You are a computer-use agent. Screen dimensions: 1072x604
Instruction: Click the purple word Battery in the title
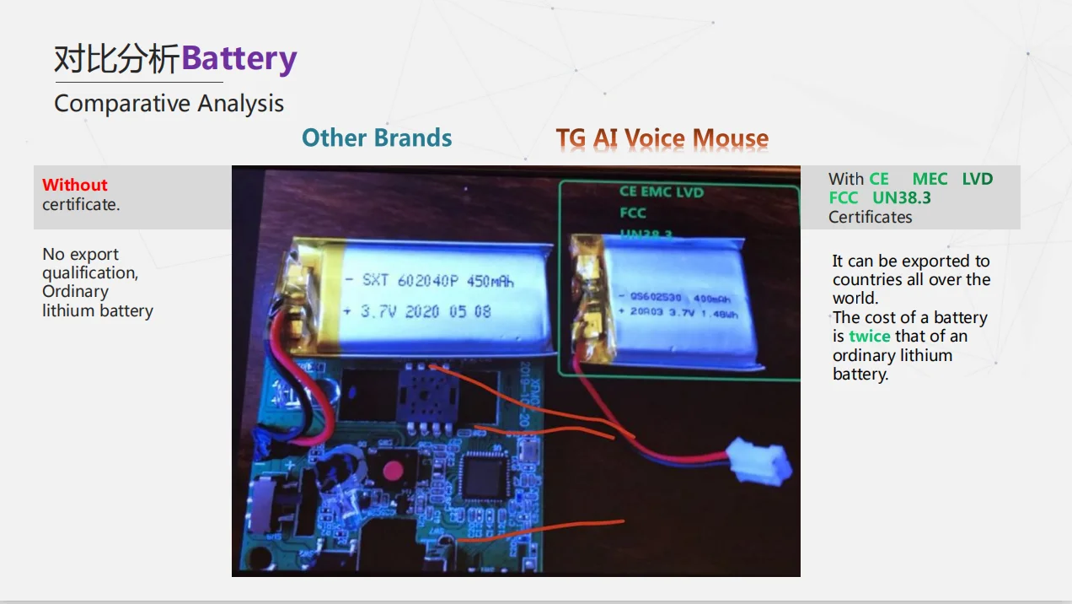[x=239, y=59]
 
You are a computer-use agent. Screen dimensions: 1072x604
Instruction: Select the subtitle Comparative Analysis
[x=169, y=104]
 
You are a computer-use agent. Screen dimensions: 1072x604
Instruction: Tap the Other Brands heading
[x=377, y=138]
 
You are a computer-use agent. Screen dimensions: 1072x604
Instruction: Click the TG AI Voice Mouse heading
[x=662, y=139]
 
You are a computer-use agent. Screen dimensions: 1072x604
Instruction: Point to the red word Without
[x=75, y=185]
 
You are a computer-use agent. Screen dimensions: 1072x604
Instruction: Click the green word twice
[x=869, y=337]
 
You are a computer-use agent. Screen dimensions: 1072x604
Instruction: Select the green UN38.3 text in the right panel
[x=902, y=198]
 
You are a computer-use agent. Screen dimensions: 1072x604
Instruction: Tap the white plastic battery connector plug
[x=759, y=461]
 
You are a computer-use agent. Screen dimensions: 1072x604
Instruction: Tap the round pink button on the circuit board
[x=391, y=470]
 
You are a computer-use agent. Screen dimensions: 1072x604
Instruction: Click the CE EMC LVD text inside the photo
[x=661, y=192]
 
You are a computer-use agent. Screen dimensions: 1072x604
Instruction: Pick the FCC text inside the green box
[x=633, y=213]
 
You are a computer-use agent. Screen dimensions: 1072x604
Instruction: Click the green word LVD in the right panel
[x=977, y=179]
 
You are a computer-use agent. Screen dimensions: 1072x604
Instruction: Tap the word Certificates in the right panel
[x=870, y=217]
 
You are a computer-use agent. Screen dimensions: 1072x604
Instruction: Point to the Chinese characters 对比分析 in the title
[x=117, y=59]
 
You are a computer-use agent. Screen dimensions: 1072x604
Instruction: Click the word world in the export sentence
[x=855, y=299]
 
